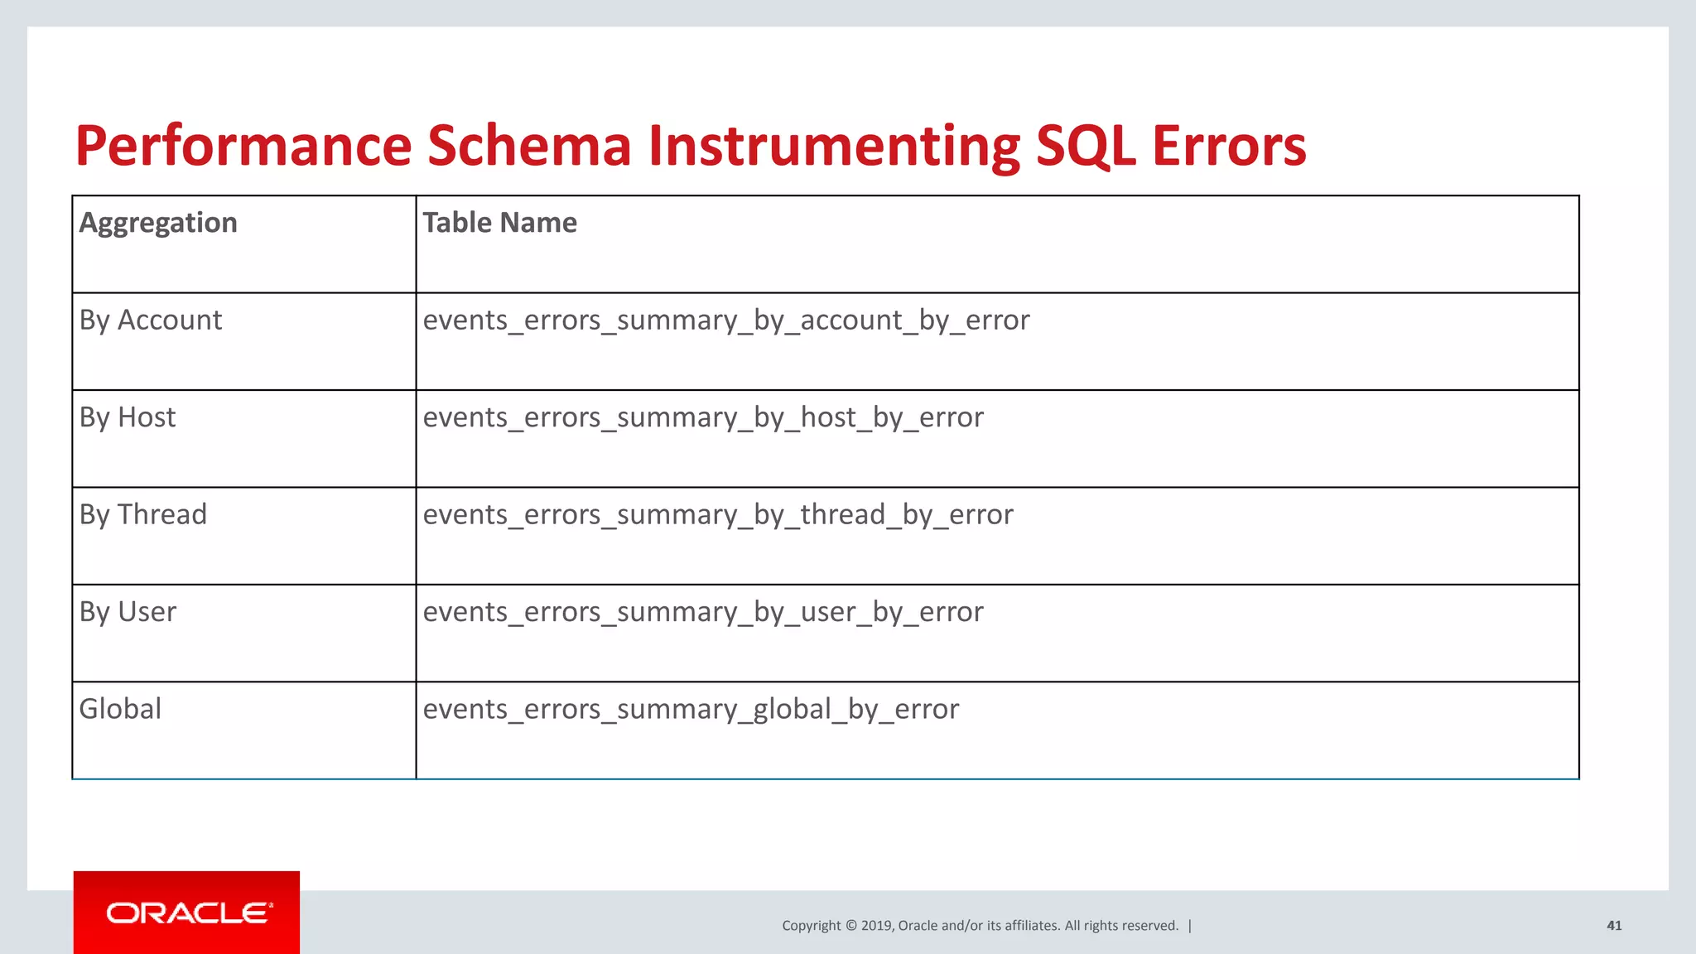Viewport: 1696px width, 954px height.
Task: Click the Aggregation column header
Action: [x=158, y=223]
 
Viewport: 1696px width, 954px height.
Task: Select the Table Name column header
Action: [x=499, y=223]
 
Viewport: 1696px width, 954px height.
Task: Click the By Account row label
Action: [x=151, y=320]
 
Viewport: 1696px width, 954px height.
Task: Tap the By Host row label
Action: [x=128, y=417]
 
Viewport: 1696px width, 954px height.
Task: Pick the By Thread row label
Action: [x=143, y=515]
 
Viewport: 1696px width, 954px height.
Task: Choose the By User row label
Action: [x=128, y=612]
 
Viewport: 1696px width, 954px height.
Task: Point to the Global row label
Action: [x=120, y=709]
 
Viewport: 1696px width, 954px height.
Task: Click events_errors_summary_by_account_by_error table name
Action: [x=726, y=320]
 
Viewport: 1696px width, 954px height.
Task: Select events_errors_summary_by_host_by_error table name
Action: [x=703, y=417]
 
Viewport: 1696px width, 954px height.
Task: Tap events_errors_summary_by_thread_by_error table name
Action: [x=718, y=515]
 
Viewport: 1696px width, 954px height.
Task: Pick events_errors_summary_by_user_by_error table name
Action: [x=703, y=612]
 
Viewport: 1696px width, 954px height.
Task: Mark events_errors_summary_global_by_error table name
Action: [x=691, y=710]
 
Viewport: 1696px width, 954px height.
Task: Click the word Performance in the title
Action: [x=243, y=147]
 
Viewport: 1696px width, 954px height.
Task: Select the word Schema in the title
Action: [x=530, y=147]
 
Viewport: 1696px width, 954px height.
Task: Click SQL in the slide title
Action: [x=1085, y=147]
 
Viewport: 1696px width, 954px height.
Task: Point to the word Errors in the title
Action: [x=1229, y=147]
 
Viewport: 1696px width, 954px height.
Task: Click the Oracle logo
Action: [x=187, y=913]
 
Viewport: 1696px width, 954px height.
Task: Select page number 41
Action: [x=1614, y=926]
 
